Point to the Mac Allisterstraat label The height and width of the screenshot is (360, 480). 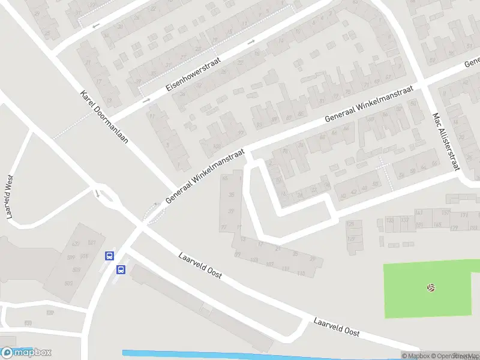tap(446, 142)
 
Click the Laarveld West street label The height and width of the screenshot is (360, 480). tap(9, 197)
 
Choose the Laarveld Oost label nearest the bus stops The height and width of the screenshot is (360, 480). tap(200, 265)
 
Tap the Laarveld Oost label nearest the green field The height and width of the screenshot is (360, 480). tap(336, 326)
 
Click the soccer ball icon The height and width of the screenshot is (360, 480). tap(431, 288)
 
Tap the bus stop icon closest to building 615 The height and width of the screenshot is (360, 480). tap(109, 256)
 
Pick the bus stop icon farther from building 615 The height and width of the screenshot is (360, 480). tap(121, 269)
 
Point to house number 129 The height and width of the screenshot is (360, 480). tap(454, 228)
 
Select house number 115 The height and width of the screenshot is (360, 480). tap(301, 274)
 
